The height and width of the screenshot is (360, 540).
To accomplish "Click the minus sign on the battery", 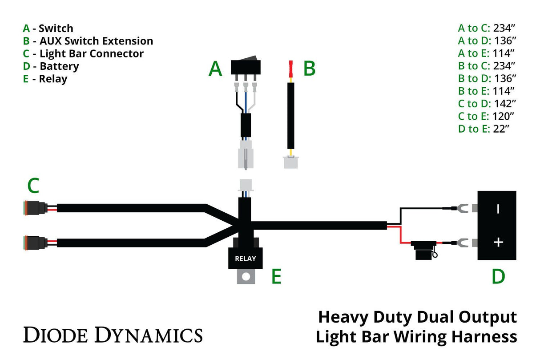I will click(498, 209).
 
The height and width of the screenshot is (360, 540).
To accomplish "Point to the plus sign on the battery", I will click(498, 243).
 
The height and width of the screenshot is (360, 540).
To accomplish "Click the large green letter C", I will click(33, 186).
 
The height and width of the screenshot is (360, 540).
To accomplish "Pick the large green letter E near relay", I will click(276, 276).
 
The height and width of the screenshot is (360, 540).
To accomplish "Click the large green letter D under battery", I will click(498, 277).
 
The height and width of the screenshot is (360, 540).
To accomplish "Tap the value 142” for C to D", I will click(504, 104).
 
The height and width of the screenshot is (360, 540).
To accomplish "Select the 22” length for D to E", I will click(501, 129).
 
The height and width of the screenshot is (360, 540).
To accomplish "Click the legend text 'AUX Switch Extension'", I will click(96, 41).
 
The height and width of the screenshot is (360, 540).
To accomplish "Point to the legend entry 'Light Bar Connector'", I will click(91, 54).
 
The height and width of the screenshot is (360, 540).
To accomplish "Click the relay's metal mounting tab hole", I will click(245, 277).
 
